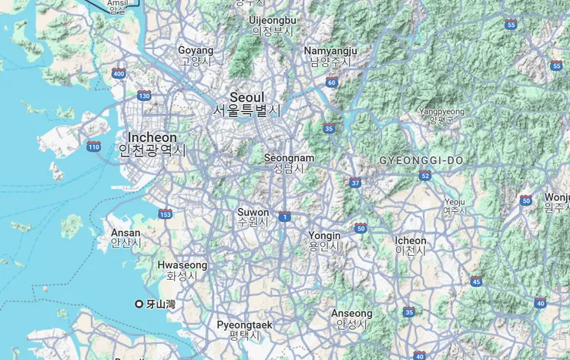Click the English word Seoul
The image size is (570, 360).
[246, 98]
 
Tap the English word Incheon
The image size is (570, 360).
[152, 137]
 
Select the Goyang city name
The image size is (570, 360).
[196, 50]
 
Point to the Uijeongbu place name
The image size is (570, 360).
[273, 19]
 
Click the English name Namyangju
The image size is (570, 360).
[330, 51]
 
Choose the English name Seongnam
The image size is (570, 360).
[289, 157]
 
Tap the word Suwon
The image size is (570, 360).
[253, 212]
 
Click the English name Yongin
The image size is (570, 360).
[324, 235]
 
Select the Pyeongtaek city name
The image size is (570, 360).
[244, 325]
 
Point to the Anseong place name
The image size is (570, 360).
[351, 314]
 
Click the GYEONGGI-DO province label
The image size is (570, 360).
[421, 160]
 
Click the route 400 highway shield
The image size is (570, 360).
[118, 74]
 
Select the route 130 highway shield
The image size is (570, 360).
[144, 96]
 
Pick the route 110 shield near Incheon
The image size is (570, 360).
[94, 146]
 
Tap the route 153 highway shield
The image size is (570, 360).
[165, 214]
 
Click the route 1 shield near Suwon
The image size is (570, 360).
[284, 217]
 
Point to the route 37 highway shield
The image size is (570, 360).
[355, 183]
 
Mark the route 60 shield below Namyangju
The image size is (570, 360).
[331, 82]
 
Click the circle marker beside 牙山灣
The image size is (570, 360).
[139, 304]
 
